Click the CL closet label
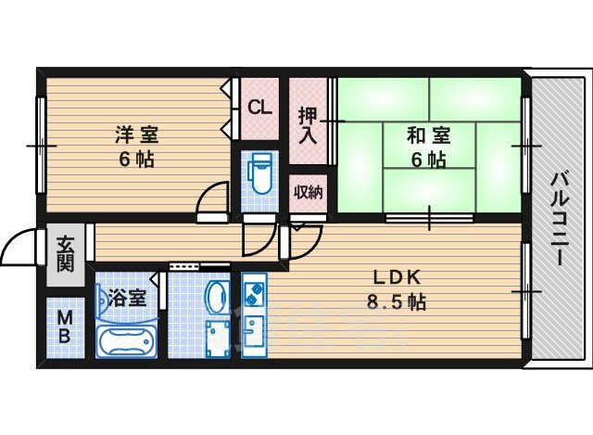(x=259, y=108)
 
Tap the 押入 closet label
(x=308, y=126)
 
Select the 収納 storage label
(x=309, y=192)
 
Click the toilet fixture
(x=259, y=173)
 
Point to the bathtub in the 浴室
(x=126, y=342)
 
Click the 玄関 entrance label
(x=65, y=254)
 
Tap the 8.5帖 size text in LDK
(x=396, y=302)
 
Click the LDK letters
(x=397, y=278)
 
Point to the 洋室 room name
(x=137, y=134)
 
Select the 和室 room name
(x=428, y=135)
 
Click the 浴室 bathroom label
(x=127, y=298)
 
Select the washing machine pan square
(x=219, y=339)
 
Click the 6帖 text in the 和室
(x=428, y=160)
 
